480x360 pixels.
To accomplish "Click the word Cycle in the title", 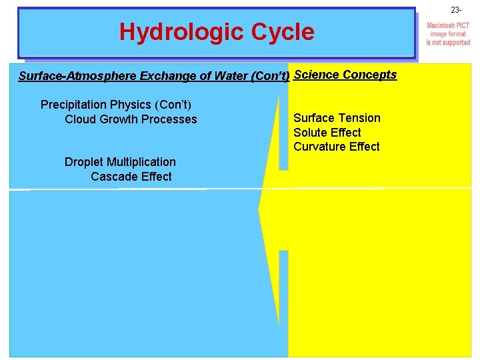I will (280, 32).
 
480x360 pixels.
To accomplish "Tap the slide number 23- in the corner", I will (456, 10).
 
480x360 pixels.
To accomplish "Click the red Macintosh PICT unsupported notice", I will (448, 34).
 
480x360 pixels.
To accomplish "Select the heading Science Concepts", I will (345, 75).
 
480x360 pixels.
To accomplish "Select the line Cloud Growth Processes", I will (131, 119).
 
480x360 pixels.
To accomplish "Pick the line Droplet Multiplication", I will (120, 162).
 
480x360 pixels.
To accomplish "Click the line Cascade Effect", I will (131, 177).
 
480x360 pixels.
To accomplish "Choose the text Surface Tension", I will (337, 118).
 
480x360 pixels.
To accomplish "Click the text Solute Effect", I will (327, 133).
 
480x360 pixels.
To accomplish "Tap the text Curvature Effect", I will (337, 147).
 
